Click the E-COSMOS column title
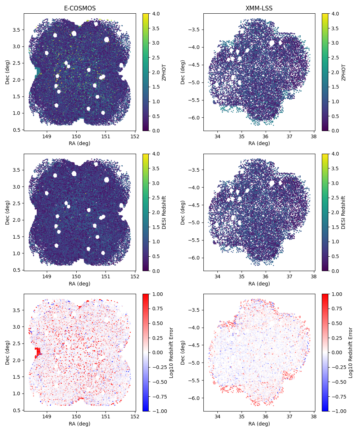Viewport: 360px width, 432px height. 80,8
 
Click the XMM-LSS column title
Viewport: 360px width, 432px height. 259,8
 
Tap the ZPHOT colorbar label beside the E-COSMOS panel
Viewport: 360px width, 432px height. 164,72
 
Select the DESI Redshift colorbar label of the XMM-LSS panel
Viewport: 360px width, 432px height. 343,212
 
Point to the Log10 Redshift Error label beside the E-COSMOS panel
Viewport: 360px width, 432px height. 171,352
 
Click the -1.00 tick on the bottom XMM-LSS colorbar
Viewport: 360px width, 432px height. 336,411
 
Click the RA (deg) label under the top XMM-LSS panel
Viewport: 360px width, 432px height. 259,143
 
